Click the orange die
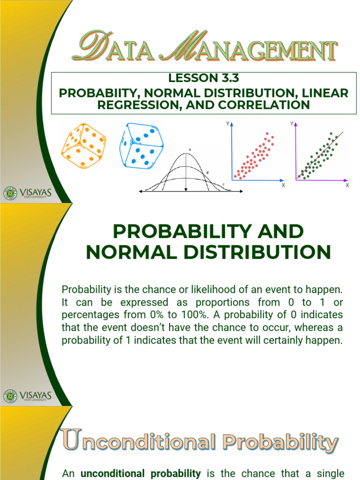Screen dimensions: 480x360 click(x=84, y=145)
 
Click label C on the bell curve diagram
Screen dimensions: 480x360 click(x=223, y=184)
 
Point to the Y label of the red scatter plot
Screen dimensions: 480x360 click(x=228, y=124)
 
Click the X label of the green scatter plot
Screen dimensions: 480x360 click(x=347, y=186)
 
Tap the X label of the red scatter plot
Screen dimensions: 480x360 click(x=283, y=186)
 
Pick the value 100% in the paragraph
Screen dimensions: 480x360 click(x=201, y=314)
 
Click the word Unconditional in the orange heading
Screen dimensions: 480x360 click(x=139, y=442)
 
